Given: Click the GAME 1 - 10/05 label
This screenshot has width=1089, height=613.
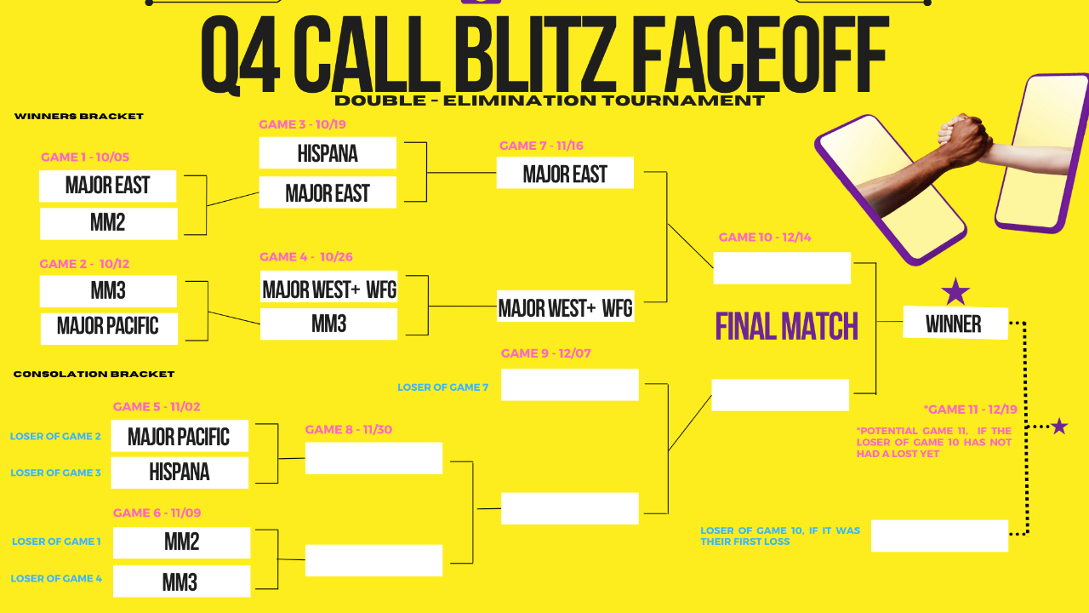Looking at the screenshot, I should pos(85,158).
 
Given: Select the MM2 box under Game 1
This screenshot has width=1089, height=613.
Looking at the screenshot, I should pos(108,223).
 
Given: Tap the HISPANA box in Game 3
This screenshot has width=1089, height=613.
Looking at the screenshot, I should pos(328,153).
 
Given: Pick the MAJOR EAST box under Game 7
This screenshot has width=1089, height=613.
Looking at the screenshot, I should pos(565,175).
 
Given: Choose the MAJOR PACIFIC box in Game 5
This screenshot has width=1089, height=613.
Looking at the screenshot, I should pos(179,436).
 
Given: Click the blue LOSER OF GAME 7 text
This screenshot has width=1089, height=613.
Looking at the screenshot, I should pos(442,387).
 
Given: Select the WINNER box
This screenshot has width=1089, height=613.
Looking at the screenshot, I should pos(954,324).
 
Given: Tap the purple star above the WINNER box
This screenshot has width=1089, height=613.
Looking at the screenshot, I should pos(955,291).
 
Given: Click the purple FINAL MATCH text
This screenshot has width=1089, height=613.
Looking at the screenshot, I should pos(786,326).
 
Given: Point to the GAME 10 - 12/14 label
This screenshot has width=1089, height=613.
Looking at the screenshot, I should pos(765,238).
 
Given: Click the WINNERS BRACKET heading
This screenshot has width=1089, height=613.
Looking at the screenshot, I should pos(79,117).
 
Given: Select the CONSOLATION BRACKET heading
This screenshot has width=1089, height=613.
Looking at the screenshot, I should pos(94,374).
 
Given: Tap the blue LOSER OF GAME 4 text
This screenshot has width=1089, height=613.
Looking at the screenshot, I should pos(56,579).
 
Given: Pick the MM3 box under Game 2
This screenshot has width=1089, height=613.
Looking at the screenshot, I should pos(108,291).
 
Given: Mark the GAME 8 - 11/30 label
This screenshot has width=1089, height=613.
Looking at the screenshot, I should pos(349,430).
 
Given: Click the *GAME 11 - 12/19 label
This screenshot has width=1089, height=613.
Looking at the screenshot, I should pos(970,410).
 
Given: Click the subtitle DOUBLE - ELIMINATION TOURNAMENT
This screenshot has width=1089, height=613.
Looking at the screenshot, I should pos(550,100).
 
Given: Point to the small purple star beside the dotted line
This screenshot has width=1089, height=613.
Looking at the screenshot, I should pos(1059,426).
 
